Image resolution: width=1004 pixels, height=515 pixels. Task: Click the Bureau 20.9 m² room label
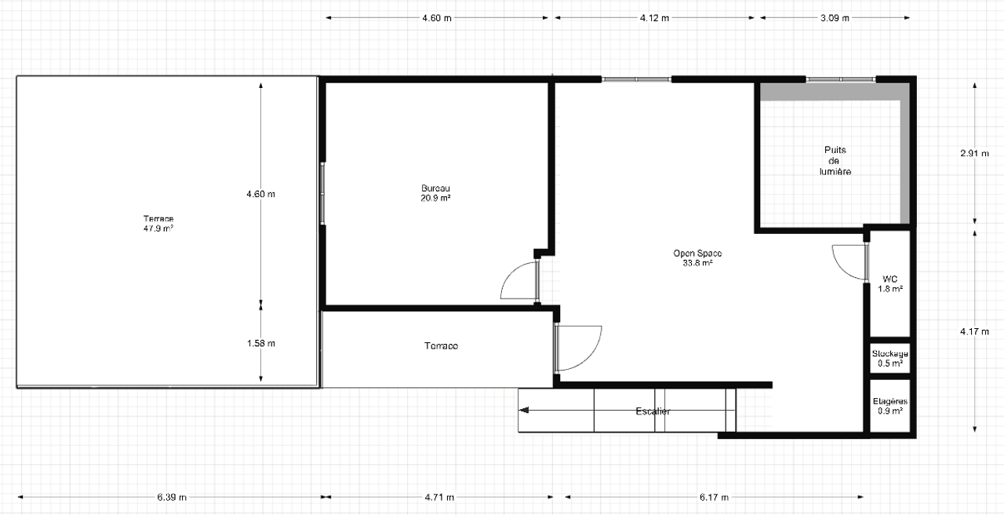click(x=435, y=193)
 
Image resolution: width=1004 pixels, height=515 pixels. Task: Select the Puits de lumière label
click(x=835, y=160)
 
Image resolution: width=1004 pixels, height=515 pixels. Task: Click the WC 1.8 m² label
click(x=890, y=283)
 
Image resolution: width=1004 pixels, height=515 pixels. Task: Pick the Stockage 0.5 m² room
click(x=890, y=358)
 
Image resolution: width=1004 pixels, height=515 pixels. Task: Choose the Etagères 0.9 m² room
click(x=890, y=405)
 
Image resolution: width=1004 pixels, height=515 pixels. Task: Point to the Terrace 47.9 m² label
click(x=158, y=223)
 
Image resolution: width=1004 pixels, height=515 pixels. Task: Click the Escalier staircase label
click(x=653, y=411)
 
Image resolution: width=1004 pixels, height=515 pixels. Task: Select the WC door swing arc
click(x=846, y=263)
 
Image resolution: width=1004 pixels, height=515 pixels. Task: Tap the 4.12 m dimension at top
click(x=654, y=18)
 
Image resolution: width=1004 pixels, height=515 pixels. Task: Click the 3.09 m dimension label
click(x=835, y=18)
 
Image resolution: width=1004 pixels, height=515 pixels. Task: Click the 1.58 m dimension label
click(x=260, y=343)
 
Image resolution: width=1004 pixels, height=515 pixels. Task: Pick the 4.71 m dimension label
click(x=438, y=497)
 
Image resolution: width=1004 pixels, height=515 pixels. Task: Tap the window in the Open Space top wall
click(x=636, y=79)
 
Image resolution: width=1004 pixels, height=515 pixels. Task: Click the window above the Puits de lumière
click(x=841, y=79)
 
